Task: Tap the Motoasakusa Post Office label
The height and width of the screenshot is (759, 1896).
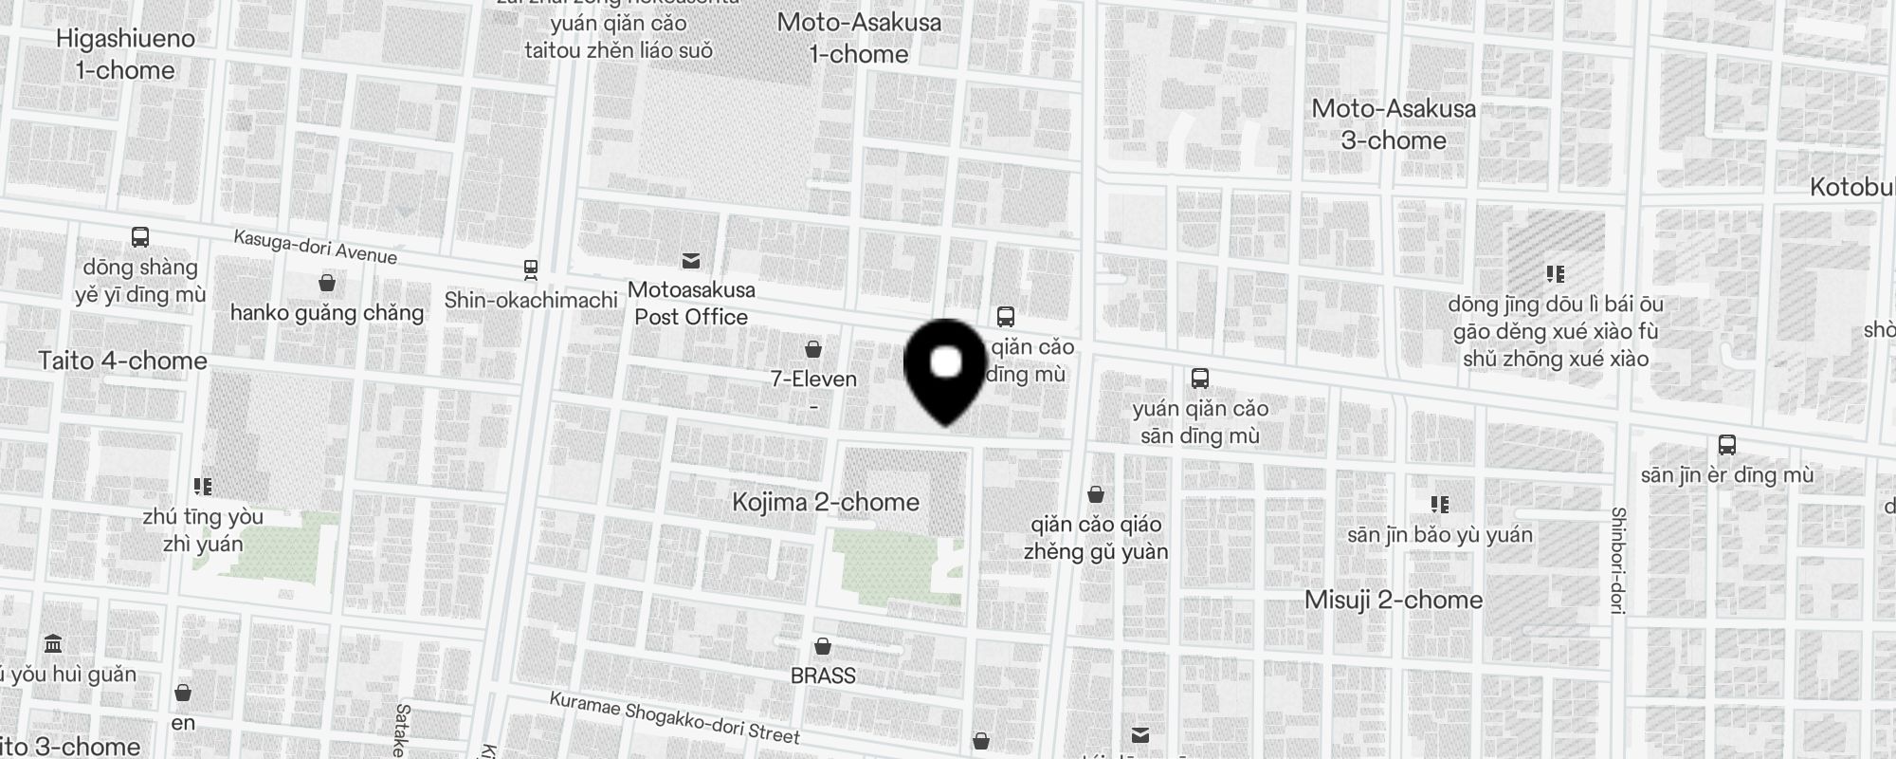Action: (691, 304)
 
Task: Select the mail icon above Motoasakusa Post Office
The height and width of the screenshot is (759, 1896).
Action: (691, 260)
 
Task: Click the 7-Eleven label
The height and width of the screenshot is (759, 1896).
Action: (813, 379)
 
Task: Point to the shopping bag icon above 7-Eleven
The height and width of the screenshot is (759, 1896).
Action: (813, 349)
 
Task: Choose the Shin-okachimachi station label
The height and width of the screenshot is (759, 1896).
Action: (531, 301)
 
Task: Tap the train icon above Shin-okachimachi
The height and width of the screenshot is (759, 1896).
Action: (531, 270)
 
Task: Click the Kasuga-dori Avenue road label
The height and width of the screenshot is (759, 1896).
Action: (316, 248)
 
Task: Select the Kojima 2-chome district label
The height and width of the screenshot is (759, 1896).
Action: (826, 502)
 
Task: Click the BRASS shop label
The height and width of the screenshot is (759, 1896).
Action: (823, 676)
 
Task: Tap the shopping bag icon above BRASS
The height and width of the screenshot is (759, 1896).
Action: (823, 646)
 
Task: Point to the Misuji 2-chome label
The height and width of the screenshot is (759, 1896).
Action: (1394, 600)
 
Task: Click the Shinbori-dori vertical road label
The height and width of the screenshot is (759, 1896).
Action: (1618, 560)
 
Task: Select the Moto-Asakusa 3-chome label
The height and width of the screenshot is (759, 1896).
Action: (1394, 124)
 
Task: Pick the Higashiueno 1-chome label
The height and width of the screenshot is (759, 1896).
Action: (125, 54)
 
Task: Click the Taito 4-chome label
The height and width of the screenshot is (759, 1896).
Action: (123, 361)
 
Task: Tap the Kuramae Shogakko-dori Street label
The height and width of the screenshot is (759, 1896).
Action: (675, 718)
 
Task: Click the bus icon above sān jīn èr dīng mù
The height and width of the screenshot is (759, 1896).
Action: (1726, 445)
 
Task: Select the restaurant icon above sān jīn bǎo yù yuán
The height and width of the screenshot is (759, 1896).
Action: (1439, 504)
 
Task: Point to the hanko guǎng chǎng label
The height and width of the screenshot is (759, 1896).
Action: (327, 313)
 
